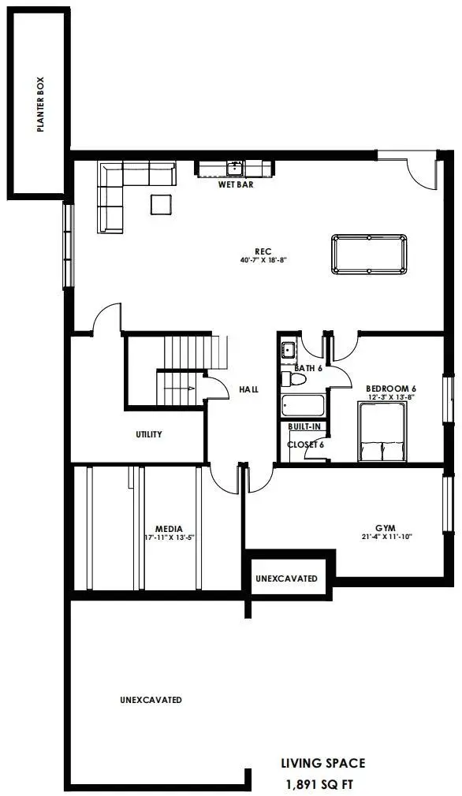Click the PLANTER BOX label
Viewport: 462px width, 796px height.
point(41,105)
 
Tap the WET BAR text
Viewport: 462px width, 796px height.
point(236,184)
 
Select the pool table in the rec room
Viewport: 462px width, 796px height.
point(369,255)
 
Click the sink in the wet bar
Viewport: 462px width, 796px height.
point(235,168)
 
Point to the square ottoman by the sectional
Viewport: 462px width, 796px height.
point(162,205)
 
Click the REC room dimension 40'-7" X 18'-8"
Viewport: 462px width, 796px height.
point(263,260)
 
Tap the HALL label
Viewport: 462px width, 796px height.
point(249,389)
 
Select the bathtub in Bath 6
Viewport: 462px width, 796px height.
point(303,406)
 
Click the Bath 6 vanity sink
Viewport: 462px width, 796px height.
point(289,350)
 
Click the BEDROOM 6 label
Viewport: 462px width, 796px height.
point(391,389)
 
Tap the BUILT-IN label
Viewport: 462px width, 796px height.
point(304,427)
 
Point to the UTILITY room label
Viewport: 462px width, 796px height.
point(149,434)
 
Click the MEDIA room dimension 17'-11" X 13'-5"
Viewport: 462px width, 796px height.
point(169,537)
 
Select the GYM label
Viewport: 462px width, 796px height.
point(390,528)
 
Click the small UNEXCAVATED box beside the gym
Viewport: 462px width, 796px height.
point(287,578)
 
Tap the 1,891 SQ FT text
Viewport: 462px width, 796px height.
point(320,784)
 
